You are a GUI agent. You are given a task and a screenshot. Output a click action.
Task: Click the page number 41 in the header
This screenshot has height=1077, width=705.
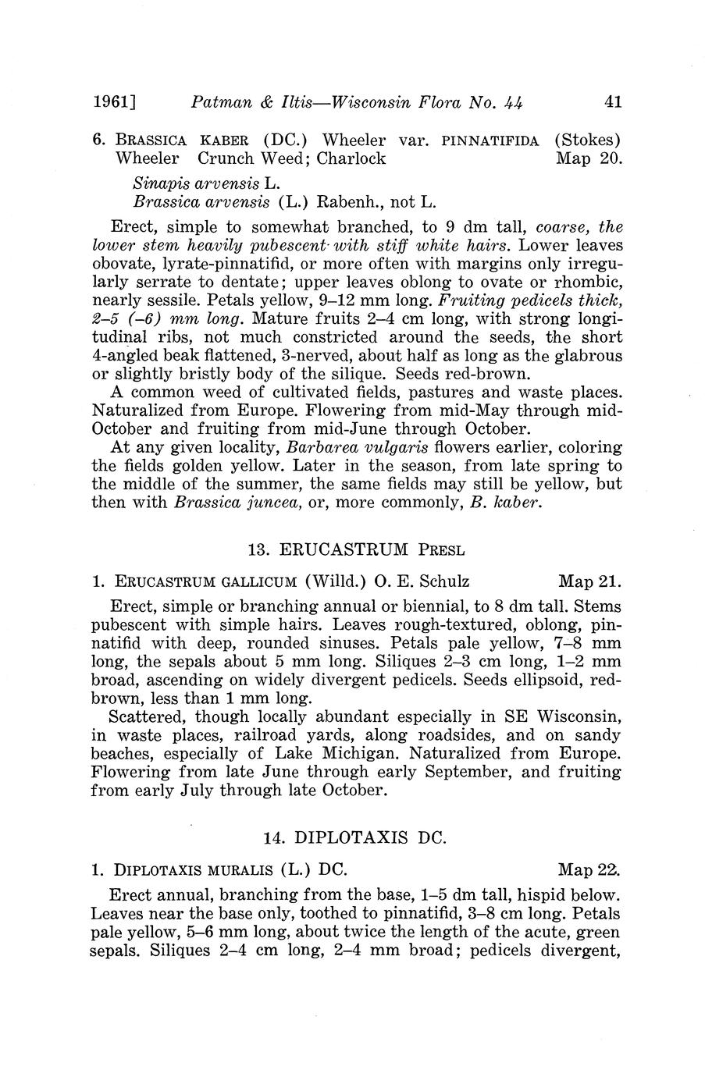[612, 101]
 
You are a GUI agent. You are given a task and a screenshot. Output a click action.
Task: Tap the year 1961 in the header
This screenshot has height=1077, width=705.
[114, 101]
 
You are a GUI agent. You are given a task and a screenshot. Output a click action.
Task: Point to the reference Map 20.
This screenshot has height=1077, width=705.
[589, 158]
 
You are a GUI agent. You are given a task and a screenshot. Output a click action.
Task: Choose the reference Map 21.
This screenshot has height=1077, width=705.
[589, 581]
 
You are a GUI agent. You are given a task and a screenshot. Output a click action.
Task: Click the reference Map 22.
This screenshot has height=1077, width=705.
[589, 869]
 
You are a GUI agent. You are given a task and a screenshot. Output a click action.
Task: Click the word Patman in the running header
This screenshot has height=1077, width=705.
[220, 101]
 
